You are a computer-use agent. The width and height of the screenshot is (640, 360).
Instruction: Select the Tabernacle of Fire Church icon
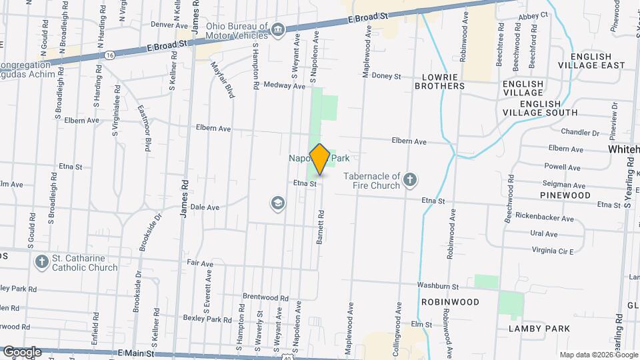410,178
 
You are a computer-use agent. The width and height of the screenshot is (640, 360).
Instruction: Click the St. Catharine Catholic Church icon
42,261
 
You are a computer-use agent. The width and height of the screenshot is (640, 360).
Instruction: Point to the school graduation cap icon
277,203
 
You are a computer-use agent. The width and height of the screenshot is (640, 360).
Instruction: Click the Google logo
21,351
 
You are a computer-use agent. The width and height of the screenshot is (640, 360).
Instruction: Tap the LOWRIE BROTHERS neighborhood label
439,81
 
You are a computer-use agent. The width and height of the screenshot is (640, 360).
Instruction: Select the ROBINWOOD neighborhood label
450,302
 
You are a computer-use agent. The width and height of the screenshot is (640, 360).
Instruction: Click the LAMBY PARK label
539,329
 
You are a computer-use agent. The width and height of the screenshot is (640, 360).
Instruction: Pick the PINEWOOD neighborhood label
565,195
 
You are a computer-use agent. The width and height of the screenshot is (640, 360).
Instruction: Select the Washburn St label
438,286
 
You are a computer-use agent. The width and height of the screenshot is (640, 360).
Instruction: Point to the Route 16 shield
110,53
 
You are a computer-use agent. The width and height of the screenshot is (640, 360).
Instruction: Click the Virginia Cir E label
553,250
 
